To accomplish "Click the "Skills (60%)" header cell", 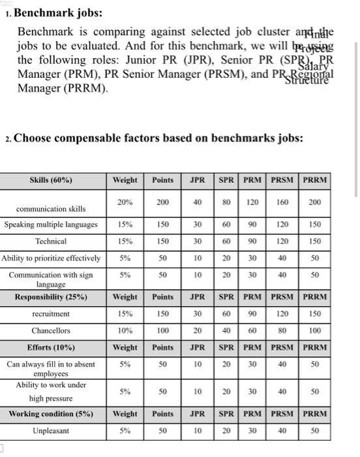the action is (51, 180).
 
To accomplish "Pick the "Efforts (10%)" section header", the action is (51, 347).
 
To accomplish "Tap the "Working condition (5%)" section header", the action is (51, 414).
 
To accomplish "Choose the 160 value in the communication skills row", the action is (282, 202).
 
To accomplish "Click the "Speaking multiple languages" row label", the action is (51, 225).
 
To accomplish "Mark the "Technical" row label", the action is (51, 241).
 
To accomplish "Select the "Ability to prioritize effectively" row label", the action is (51, 258).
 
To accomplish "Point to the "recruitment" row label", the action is (51, 314).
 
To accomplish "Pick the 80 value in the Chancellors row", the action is (282, 331).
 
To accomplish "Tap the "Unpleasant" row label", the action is (51, 431).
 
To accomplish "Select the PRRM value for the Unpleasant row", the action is (315, 431).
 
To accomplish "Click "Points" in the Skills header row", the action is (162, 180).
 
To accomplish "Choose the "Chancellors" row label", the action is (51, 331).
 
